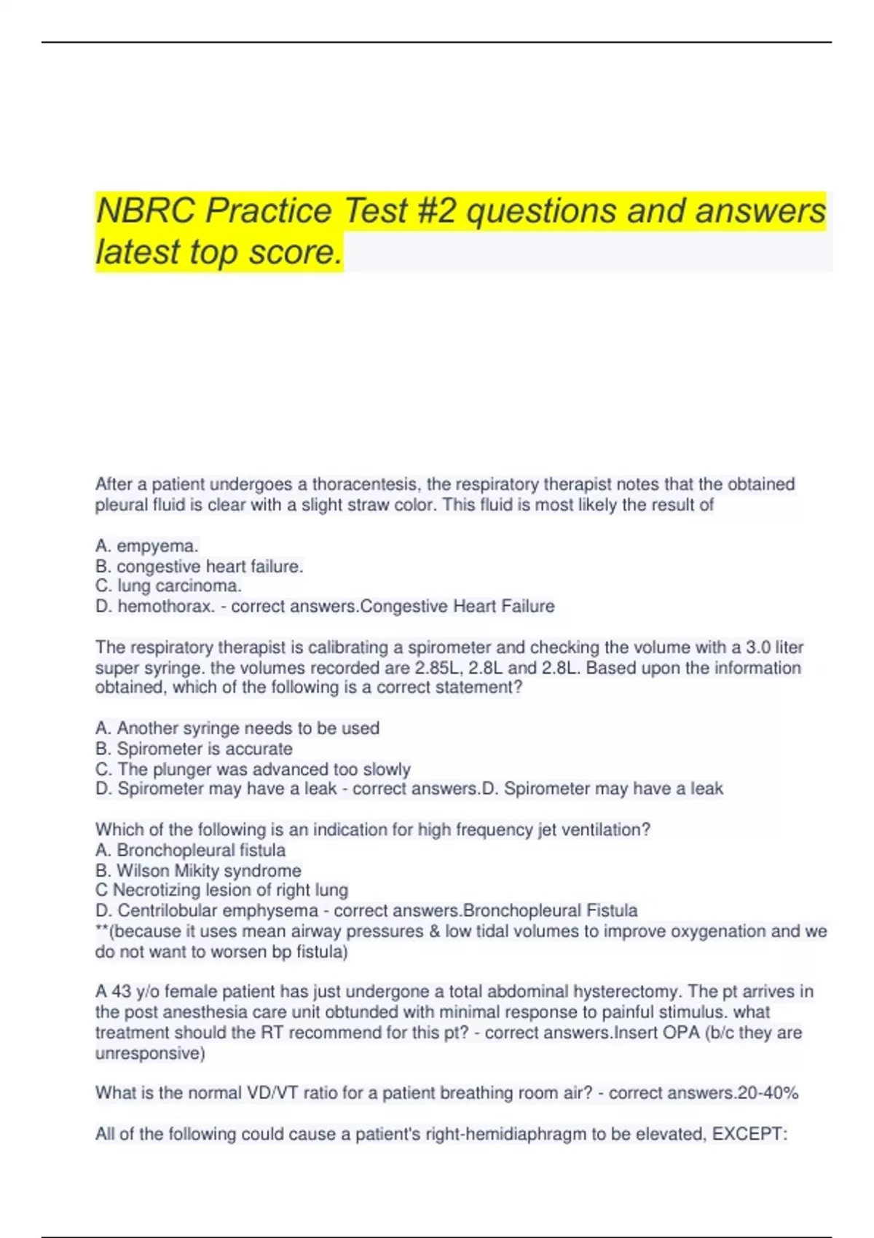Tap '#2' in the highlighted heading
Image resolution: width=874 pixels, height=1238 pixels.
click(437, 211)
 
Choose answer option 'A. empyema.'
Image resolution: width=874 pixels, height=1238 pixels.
click(146, 545)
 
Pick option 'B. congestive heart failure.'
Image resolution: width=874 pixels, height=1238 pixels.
click(199, 566)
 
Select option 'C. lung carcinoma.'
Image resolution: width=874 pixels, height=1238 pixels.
click(168, 586)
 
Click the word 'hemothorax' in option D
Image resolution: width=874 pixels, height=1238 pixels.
click(165, 606)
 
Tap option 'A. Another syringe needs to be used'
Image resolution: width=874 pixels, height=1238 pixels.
click(237, 728)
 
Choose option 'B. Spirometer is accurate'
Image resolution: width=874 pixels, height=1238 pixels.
click(194, 749)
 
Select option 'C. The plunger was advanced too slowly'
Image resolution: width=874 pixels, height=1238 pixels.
click(253, 769)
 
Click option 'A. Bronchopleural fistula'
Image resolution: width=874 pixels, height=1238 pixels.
click(190, 850)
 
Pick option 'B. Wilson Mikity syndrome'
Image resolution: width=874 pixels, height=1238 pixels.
click(198, 870)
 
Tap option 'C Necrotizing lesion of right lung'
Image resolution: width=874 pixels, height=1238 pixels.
click(221, 890)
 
